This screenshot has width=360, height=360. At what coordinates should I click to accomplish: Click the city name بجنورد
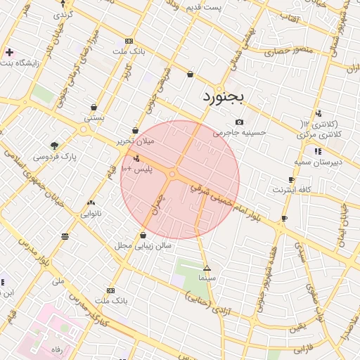pos(222,96)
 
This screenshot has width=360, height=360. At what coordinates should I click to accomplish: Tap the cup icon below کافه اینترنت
pos(284,219)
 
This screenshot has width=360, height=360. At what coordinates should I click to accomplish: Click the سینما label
pos(207,278)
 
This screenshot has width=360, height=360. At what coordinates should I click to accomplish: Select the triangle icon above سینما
pos(207,268)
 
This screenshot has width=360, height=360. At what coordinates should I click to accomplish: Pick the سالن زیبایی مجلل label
pos(143,245)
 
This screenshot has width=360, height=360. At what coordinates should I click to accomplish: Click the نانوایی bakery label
pos(91,212)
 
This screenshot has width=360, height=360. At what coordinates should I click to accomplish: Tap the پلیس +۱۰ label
pos(136,169)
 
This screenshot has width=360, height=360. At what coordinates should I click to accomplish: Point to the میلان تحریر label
pos(135,141)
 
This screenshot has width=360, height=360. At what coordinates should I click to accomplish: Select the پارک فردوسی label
pos(54,155)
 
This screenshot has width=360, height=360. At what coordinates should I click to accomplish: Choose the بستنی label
pos(94,117)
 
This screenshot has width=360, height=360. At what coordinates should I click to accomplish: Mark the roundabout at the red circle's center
pos(172,174)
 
